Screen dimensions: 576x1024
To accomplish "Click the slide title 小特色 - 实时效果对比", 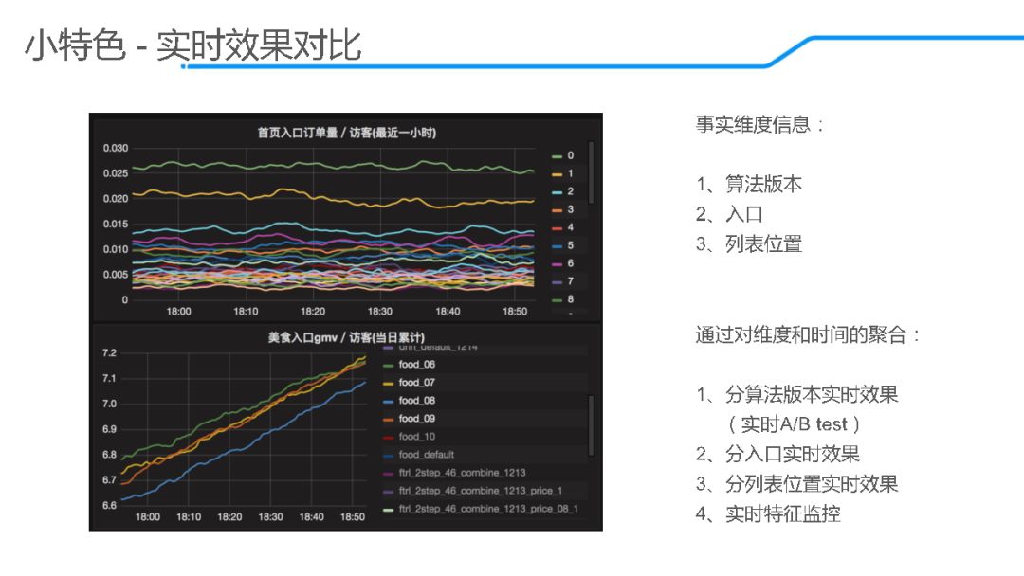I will (x=193, y=45).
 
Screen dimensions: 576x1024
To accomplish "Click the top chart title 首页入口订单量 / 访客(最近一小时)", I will (x=346, y=133).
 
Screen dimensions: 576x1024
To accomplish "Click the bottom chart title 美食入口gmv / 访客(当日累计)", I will (x=345, y=337).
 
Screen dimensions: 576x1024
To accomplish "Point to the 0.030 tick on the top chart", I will (x=116, y=149).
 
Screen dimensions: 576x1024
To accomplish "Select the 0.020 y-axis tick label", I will (x=116, y=199).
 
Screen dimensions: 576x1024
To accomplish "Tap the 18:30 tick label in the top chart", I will (x=380, y=312).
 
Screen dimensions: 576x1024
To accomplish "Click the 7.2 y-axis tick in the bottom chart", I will (x=109, y=353).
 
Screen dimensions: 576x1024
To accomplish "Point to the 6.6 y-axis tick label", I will (x=109, y=505).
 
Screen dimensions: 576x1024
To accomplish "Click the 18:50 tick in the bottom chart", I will (x=351, y=517).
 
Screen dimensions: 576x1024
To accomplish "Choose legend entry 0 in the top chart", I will (x=569, y=155).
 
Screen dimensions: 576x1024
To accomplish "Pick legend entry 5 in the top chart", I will (x=569, y=245).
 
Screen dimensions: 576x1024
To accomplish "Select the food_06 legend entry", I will (x=416, y=365).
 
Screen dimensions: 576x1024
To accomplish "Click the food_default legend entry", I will (x=427, y=455).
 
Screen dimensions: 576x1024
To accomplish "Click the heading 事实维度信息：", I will (x=760, y=125).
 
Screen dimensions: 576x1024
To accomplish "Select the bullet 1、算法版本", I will (x=749, y=185).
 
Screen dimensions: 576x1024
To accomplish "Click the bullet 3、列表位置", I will (x=749, y=244).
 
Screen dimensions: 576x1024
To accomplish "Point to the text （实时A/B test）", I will (x=795, y=424).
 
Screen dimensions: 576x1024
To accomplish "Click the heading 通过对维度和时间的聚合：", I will (x=808, y=335).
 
